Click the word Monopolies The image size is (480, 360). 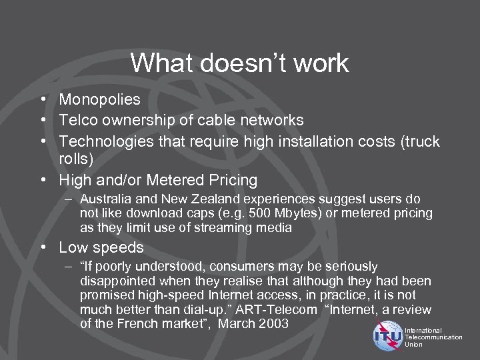click(x=99, y=100)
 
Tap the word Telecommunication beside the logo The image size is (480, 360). click(x=433, y=337)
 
